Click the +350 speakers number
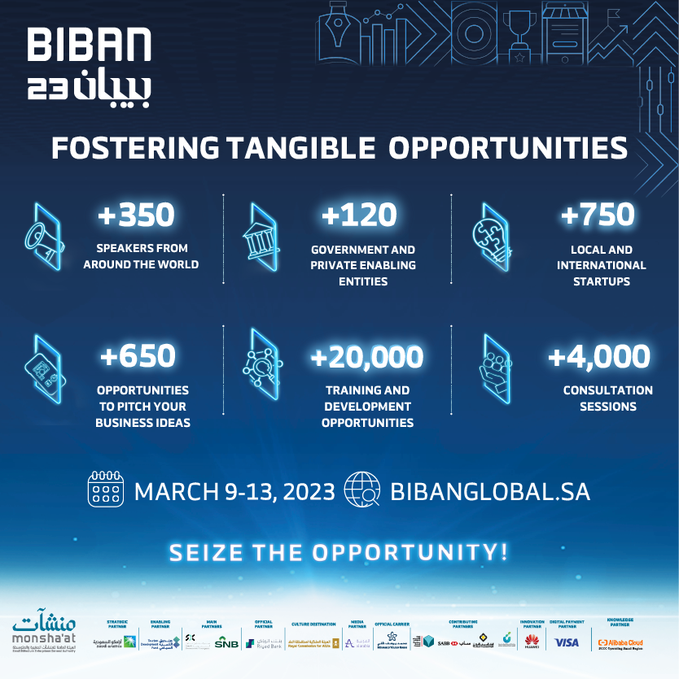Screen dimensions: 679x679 [136, 215]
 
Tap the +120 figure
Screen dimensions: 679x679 [359, 215]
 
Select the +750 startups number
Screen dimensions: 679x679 [597, 215]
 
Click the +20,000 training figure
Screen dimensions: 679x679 [367, 357]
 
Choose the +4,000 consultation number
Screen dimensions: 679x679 [599, 357]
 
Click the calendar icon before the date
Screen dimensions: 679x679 [105, 490]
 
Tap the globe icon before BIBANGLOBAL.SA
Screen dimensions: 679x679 [362, 490]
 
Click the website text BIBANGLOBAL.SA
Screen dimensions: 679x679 [490, 492]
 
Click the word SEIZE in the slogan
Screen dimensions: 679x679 [206, 553]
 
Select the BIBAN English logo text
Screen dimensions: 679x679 [89, 46]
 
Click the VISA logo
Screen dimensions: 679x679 [567, 642]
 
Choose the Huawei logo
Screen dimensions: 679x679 [532, 643]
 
